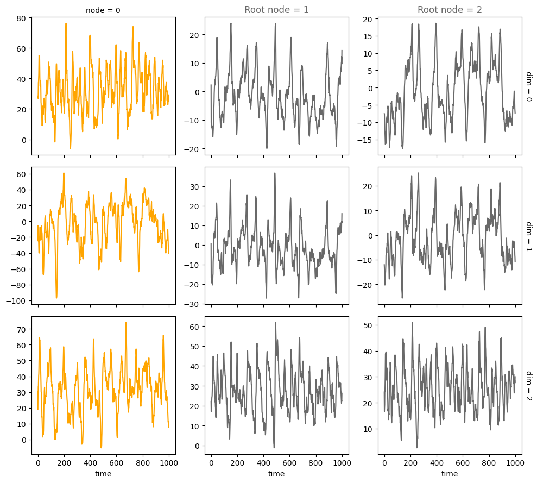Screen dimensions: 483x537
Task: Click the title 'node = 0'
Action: point(103,10)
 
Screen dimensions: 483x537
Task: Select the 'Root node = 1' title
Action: point(276,9)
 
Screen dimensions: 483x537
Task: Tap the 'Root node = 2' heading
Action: point(450,9)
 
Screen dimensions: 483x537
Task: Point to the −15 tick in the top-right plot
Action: point(369,140)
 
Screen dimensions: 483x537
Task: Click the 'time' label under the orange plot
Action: point(103,474)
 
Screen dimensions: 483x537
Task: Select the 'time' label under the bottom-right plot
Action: point(450,474)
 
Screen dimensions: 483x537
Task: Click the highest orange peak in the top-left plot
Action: point(66,23)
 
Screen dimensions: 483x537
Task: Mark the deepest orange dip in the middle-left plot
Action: point(56,298)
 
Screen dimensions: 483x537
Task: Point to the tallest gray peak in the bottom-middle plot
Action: point(275,323)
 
